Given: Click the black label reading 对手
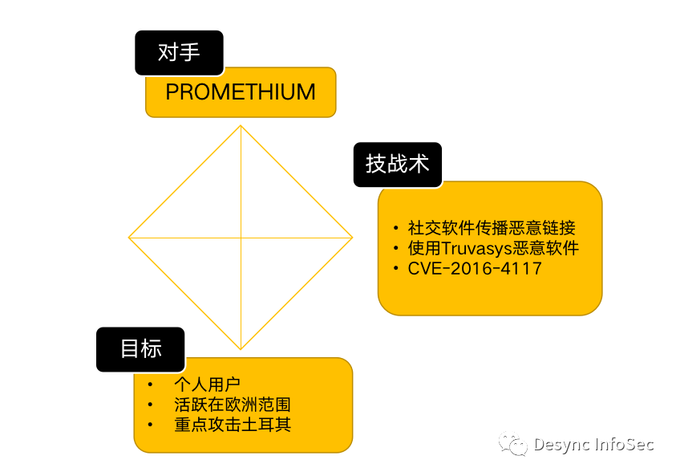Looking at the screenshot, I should tap(179, 53).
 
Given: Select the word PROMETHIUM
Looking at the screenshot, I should tap(241, 92).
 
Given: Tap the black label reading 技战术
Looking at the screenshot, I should tap(398, 165).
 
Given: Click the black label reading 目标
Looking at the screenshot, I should tap(140, 349).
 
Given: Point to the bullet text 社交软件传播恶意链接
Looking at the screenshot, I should tap(492, 228).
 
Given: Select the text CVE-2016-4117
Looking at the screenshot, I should tap(475, 268).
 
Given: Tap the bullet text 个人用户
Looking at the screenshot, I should tap(207, 384).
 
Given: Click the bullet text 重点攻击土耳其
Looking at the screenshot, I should tap(232, 424).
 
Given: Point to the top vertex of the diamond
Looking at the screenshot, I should tap(241, 125).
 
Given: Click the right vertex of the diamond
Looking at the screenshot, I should tap(352, 238).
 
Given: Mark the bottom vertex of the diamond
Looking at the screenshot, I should tap(241, 349).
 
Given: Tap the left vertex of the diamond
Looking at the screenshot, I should tap(129, 238).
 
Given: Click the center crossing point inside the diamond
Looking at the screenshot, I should tap(241, 238).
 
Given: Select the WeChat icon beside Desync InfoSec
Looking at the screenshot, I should tap(513, 444).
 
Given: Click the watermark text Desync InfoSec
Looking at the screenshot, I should tap(594, 444).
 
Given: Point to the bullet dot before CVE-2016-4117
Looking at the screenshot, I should tap(395, 268).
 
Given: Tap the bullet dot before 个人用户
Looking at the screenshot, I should tap(150, 384).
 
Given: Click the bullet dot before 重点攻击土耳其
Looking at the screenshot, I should tap(150, 424).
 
